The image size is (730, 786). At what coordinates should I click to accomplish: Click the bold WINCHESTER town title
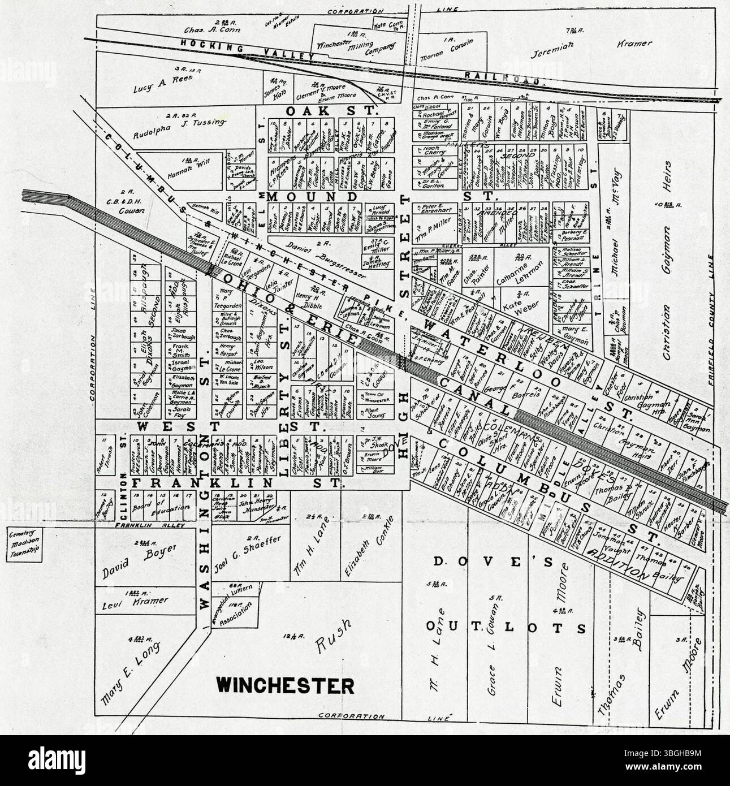(286, 685)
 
